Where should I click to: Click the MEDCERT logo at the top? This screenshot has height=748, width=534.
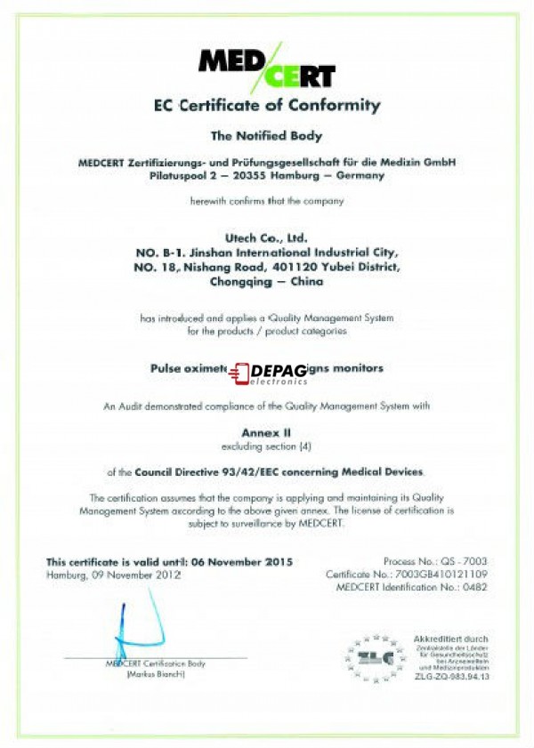[266, 65]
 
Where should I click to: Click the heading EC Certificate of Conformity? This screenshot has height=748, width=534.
[266, 105]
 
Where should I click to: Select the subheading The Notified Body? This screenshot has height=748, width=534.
[265, 136]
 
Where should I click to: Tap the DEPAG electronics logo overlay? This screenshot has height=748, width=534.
[268, 374]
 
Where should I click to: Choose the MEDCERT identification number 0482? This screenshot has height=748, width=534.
[474, 589]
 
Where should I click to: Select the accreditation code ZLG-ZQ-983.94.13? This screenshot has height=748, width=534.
[452, 677]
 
